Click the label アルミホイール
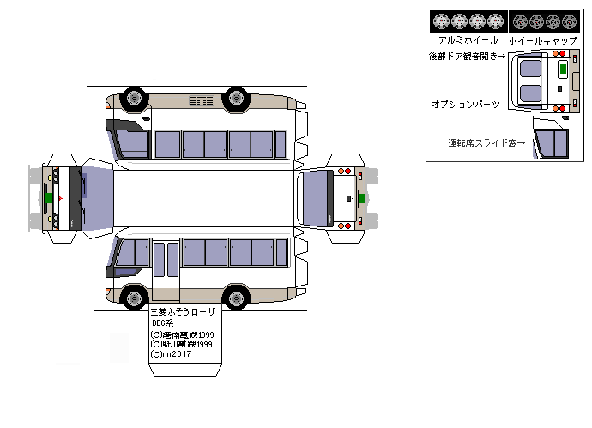coord(468,40)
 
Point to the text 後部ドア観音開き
coord(467,57)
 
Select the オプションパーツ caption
coord(466,103)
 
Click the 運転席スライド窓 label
coord(486,143)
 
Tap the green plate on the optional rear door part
coord(562,69)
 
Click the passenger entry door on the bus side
coord(166,269)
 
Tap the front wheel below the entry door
coord(133,298)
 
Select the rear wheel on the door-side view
coord(236,298)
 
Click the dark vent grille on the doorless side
coord(202,102)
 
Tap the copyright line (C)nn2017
coord(172,353)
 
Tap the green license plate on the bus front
coord(50,198)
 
